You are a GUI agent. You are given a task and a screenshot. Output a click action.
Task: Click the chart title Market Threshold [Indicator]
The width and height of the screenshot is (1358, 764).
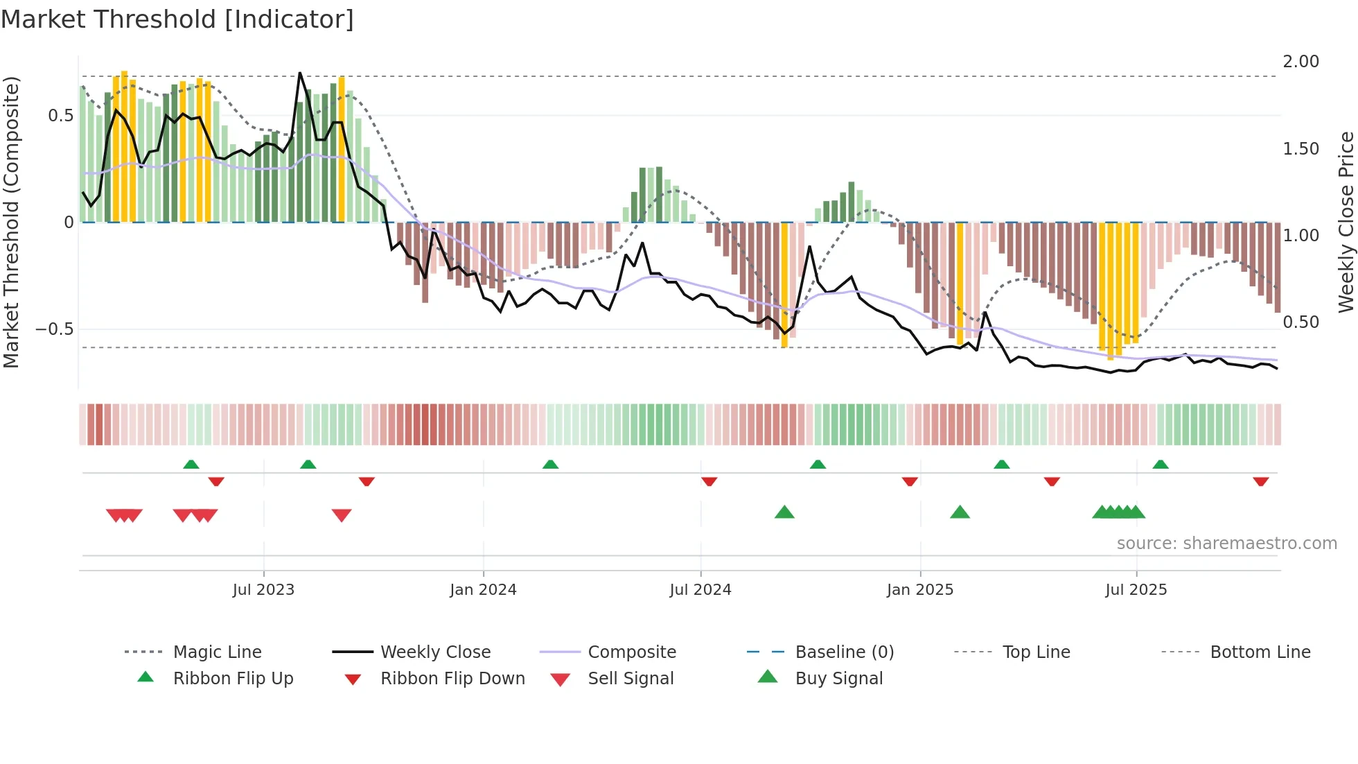click(x=177, y=19)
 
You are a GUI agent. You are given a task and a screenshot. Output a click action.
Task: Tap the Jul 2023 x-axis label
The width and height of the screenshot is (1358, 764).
click(x=263, y=590)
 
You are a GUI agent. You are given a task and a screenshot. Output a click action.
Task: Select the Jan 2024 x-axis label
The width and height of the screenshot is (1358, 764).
click(x=483, y=590)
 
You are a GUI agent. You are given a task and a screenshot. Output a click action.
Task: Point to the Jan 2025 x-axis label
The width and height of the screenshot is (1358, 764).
click(x=920, y=590)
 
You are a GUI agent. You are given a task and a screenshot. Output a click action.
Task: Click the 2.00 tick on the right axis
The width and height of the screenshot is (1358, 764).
click(x=1300, y=62)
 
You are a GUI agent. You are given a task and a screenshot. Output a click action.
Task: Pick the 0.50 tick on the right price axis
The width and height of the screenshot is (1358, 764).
click(x=1300, y=322)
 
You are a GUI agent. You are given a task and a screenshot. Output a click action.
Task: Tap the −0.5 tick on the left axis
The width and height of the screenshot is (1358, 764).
click(x=55, y=329)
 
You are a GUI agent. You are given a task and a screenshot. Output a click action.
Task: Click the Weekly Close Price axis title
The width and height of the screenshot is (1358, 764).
click(x=1346, y=222)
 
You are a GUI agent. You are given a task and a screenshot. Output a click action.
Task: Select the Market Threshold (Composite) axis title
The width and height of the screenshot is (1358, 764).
click(x=11, y=222)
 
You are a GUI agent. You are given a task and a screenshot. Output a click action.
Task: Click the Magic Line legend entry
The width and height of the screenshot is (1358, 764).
click(x=217, y=652)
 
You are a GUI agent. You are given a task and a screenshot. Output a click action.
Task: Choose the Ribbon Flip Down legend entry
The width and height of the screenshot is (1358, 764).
click(x=452, y=679)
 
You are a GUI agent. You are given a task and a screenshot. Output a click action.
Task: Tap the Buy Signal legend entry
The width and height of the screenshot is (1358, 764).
click(x=838, y=679)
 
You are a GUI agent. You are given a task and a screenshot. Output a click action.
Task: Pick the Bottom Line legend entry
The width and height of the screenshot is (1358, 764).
click(x=1260, y=652)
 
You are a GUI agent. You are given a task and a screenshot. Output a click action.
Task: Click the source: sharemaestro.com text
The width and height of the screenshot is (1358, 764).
click(x=1226, y=544)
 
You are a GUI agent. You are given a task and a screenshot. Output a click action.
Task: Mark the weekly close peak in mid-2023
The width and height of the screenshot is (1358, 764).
click(x=299, y=73)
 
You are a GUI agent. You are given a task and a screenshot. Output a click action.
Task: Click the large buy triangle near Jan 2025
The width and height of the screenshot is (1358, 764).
click(x=960, y=512)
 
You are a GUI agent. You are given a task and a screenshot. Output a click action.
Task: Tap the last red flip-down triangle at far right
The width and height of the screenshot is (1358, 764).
click(x=1260, y=481)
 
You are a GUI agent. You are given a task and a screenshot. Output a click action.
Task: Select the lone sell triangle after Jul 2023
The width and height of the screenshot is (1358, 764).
click(x=342, y=515)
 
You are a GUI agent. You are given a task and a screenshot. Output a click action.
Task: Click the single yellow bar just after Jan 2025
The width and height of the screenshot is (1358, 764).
click(x=960, y=284)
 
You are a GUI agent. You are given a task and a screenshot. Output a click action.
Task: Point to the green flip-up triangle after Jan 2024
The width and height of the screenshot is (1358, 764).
click(x=550, y=464)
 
